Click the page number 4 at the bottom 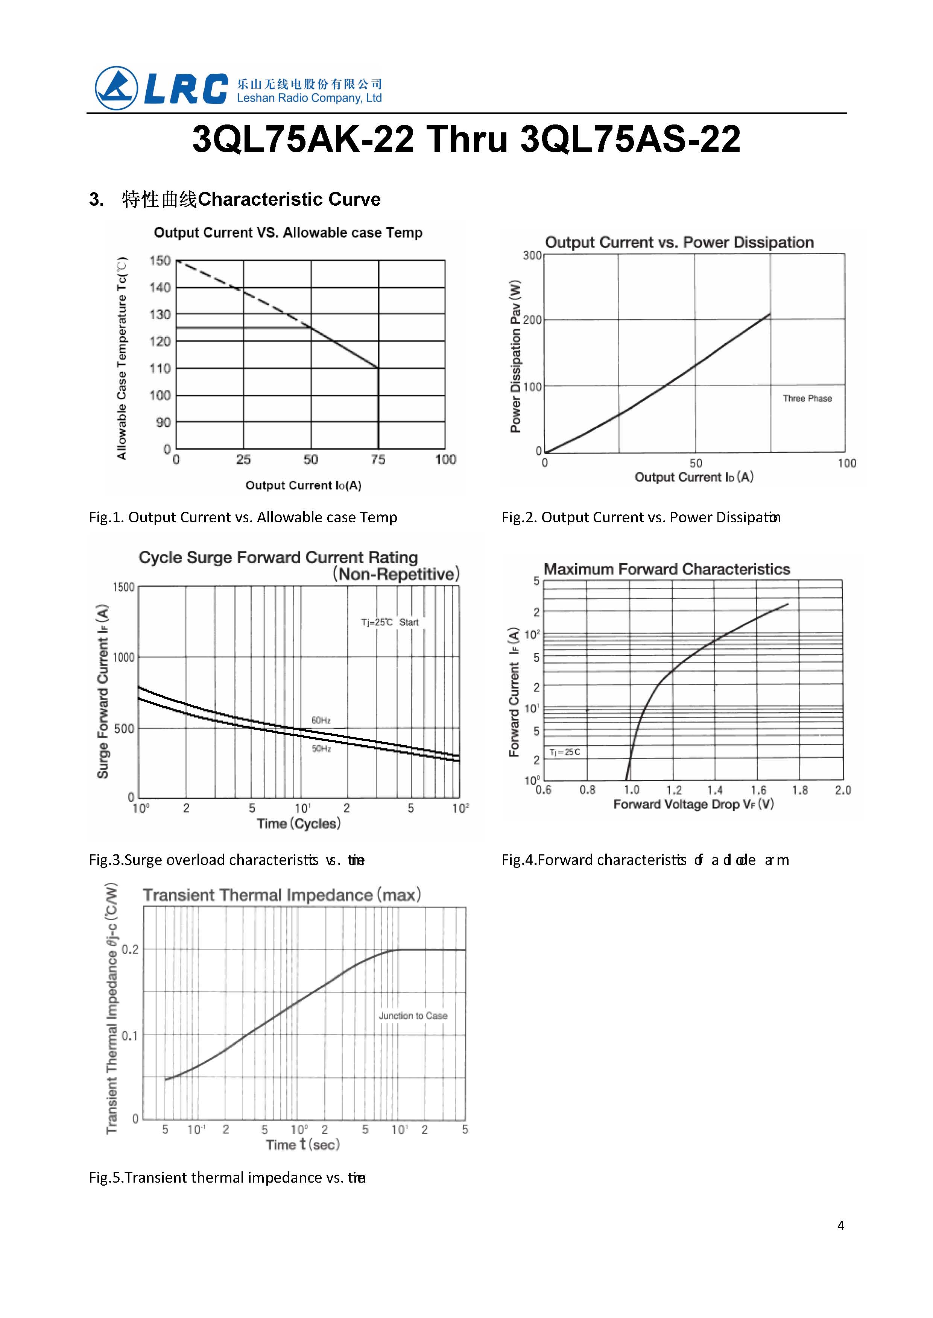tap(840, 1225)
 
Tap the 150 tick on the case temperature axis tap(160, 261)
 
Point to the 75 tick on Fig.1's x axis tap(378, 460)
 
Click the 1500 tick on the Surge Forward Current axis tap(123, 587)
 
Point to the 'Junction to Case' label tap(412, 1015)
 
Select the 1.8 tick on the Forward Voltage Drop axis tap(800, 790)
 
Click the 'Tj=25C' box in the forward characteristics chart tap(565, 752)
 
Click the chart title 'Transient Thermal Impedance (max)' tap(281, 895)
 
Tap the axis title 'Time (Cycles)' tap(299, 824)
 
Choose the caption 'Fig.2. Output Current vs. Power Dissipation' tap(641, 517)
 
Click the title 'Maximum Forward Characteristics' tap(666, 569)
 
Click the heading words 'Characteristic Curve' tap(289, 199)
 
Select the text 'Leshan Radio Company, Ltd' tap(309, 98)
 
